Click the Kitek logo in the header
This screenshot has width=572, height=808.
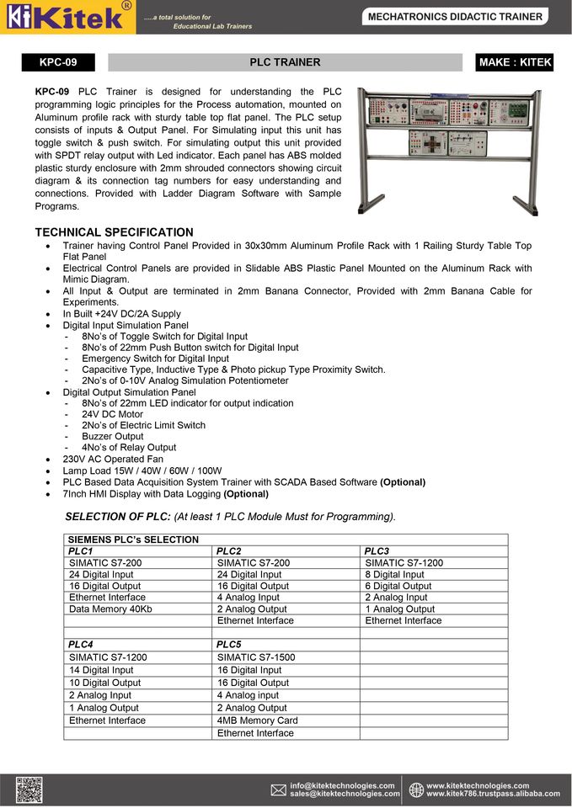pos(67,17)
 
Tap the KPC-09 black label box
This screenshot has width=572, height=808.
pos(58,62)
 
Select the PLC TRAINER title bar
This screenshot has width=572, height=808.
pos(285,62)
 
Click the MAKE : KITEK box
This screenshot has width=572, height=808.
pos(515,62)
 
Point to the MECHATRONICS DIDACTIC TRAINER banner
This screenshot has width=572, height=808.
pos(456,17)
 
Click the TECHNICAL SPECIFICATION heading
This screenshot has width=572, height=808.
pos(114,232)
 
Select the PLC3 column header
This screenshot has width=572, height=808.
pos(377,551)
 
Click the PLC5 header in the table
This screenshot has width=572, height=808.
pos(229,645)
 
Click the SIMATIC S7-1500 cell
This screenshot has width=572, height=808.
pos(256,657)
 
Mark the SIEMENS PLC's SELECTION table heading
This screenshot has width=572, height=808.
pos(133,540)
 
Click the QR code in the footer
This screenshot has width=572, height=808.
pos(29,789)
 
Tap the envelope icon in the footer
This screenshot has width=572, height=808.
pos(279,789)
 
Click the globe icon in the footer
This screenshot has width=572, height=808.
pos(416,789)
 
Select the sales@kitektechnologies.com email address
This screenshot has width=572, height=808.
pos(345,794)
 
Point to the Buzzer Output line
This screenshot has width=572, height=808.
pos(113,437)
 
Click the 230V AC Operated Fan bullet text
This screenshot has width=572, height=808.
pos(113,460)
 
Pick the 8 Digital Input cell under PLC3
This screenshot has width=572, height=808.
pos(394,575)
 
